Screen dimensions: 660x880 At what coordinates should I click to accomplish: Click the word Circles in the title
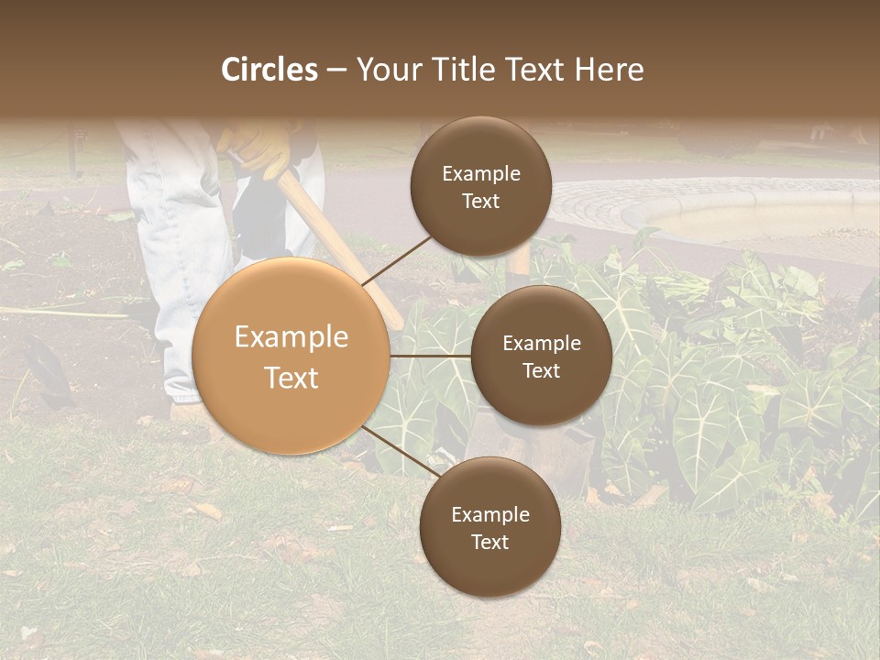[x=269, y=70]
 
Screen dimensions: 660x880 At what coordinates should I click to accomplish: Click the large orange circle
[x=291, y=357]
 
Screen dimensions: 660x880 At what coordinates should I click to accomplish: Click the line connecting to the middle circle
[x=431, y=356]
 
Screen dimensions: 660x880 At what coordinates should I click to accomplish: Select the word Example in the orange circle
[x=291, y=337]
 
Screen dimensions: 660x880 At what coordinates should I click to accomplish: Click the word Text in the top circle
[x=480, y=201]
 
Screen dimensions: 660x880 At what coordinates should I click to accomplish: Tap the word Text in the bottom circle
[x=489, y=542]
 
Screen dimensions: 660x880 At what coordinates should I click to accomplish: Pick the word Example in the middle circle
[x=541, y=344]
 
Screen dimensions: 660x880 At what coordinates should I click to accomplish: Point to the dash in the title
[x=336, y=70]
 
